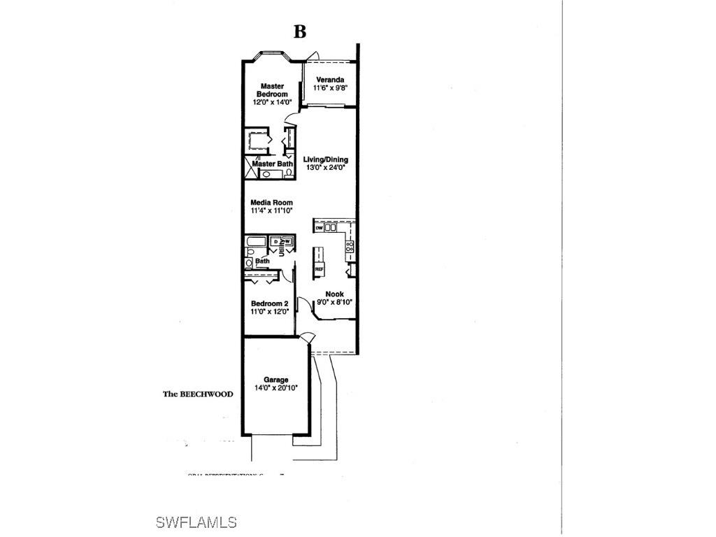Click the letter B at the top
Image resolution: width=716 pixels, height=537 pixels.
[299, 32]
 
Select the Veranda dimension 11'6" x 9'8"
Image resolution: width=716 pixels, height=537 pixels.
[331, 88]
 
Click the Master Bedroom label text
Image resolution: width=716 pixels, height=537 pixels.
[271, 90]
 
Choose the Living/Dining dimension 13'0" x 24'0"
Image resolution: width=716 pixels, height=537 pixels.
[326, 168]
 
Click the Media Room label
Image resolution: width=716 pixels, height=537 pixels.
[271, 203]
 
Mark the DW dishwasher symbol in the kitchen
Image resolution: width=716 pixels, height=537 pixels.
[319, 228]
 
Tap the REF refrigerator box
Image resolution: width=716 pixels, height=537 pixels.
[319, 268]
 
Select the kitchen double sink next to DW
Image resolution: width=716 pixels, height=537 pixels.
[331, 228]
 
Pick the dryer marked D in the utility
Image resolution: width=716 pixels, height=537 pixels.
[275, 242]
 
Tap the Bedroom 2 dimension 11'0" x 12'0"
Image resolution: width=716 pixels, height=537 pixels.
[270, 311]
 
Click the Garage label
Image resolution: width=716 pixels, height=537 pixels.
[275, 380]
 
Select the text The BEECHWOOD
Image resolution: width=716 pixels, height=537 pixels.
[198, 394]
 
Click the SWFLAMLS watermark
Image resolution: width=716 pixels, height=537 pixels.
[196, 522]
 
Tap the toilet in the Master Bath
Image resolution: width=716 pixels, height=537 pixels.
[289, 173]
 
